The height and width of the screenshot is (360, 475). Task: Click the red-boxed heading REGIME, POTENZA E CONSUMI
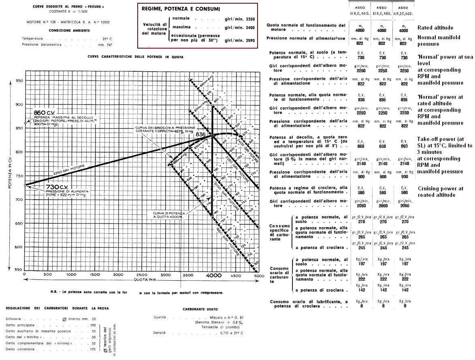pos(181,9)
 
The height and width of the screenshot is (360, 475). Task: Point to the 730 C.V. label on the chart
pos(47,186)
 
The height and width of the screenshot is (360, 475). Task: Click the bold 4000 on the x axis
pos(212,275)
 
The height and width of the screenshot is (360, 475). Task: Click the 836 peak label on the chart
pos(201,134)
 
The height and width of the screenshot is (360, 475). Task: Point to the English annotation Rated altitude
pos(435,28)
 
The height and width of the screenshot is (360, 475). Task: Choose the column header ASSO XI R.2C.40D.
pos(404,10)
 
